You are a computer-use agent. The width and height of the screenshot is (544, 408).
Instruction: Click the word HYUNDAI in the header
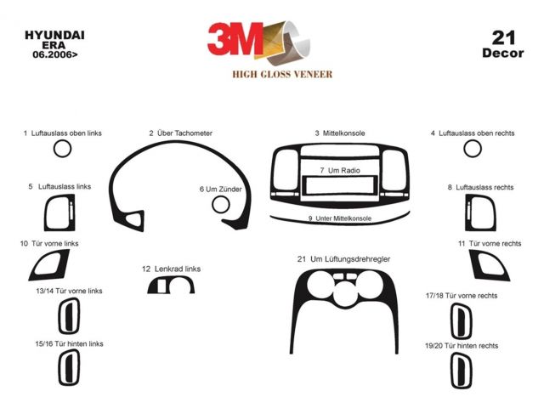54,35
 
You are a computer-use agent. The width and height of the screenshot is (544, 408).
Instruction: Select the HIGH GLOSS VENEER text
282,74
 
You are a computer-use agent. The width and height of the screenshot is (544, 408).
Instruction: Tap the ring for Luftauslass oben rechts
473,150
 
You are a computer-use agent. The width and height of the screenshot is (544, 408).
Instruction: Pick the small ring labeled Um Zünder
221,205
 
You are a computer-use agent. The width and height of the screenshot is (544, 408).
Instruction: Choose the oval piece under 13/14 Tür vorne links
66,316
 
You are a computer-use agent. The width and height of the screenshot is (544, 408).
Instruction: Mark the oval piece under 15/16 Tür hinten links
66,370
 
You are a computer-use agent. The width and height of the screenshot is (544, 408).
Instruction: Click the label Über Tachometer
185,133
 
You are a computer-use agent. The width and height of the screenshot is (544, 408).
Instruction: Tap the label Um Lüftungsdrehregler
349,258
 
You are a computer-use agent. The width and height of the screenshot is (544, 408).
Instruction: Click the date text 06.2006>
54,55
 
